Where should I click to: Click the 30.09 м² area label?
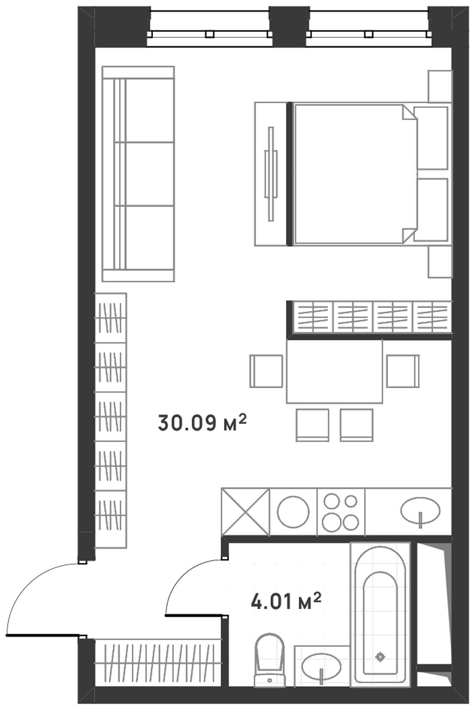point(202,422)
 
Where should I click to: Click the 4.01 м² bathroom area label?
point(286,602)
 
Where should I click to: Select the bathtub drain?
point(380,657)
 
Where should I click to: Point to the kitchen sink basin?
point(420,511)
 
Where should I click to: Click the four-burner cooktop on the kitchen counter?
point(341,512)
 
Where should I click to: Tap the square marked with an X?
point(246,512)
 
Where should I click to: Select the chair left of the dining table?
point(266,371)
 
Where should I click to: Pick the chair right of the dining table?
point(403,371)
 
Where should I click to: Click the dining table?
point(334,371)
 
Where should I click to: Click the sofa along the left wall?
point(138,174)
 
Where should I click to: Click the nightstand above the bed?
point(440,86)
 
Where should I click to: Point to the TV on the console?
point(271,174)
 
